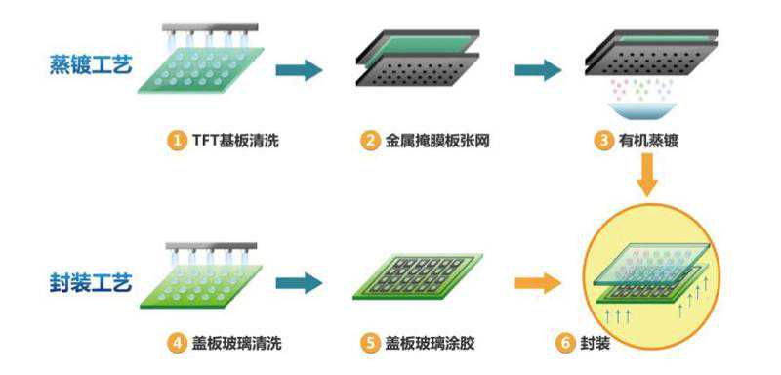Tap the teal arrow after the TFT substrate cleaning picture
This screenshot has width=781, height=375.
click(x=299, y=70)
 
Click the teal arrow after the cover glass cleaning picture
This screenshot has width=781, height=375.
click(x=299, y=283)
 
